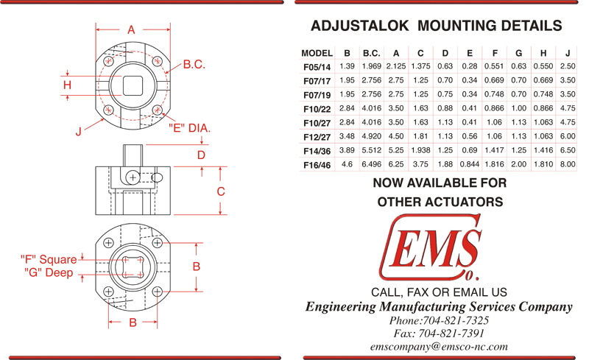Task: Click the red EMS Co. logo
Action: pyautogui.click(x=431, y=248)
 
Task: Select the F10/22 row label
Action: pyautogui.click(x=317, y=110)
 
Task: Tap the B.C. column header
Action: pyautogui.click(x=372, y=53)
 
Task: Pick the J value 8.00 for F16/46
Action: pyautogui.click(x=568, y=164)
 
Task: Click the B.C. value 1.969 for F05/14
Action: pyautogui.click(x=372, y=66)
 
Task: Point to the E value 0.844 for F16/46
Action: pyautogui.click(x=470, y=164)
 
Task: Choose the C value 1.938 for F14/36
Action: pyautogui.click(x=420, y=150)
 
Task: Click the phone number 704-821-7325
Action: pyautogui.click(x=456, y=320)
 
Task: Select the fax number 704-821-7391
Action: pyautogui.click(x=451, y=333)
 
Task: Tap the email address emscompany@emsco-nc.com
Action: pyautogui.click(x=439, y=347)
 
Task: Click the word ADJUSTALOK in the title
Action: pyautogui.click(x=359, y=26)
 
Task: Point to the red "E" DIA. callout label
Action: pyautogui.click(x=190, y=128)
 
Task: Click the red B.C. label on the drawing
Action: pyautogui.click(x=194, y=64)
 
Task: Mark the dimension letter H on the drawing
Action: pyautogui.click(x=67, y=85)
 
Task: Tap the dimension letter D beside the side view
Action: pyautogui.click(x=201, y=155)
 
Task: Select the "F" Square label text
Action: pyautogui.click(x=49, y=259)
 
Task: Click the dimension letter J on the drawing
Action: pyautogui.click(x=79, y=132)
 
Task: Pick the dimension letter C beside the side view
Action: pyautogui.click(x=221, y=191)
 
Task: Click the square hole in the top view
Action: pyautogui.click(x=133, y=85)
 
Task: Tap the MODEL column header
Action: pyautogui.click(x=317, y=53)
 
